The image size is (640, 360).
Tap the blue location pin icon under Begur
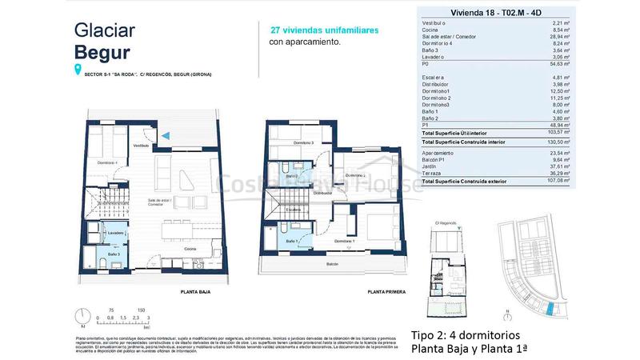pyautogui.click(x=78, y=71)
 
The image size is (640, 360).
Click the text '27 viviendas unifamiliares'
pyautogui.click(x=323, y=30)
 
